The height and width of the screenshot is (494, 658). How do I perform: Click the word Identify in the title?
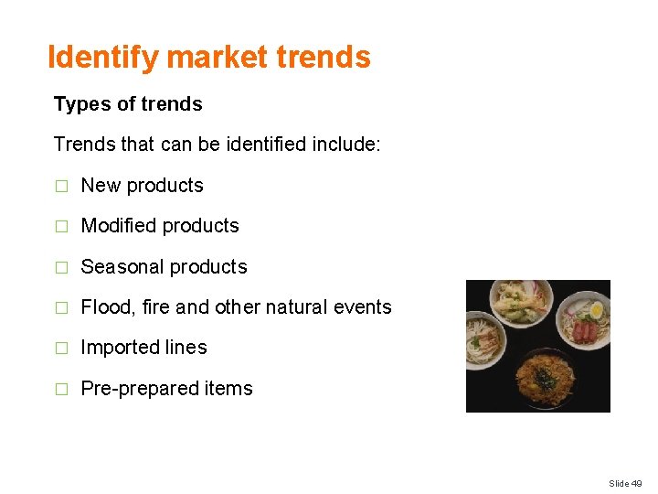[103, 58]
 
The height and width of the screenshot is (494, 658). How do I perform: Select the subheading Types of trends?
[128, 104]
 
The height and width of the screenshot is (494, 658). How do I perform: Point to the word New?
[101, 186]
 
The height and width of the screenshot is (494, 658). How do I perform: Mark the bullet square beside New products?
[61, 187]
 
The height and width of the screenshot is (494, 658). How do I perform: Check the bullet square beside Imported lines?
[61, 349]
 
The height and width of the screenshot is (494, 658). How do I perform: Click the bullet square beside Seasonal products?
[61, 268]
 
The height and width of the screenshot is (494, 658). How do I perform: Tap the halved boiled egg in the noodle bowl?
[596, 311]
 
